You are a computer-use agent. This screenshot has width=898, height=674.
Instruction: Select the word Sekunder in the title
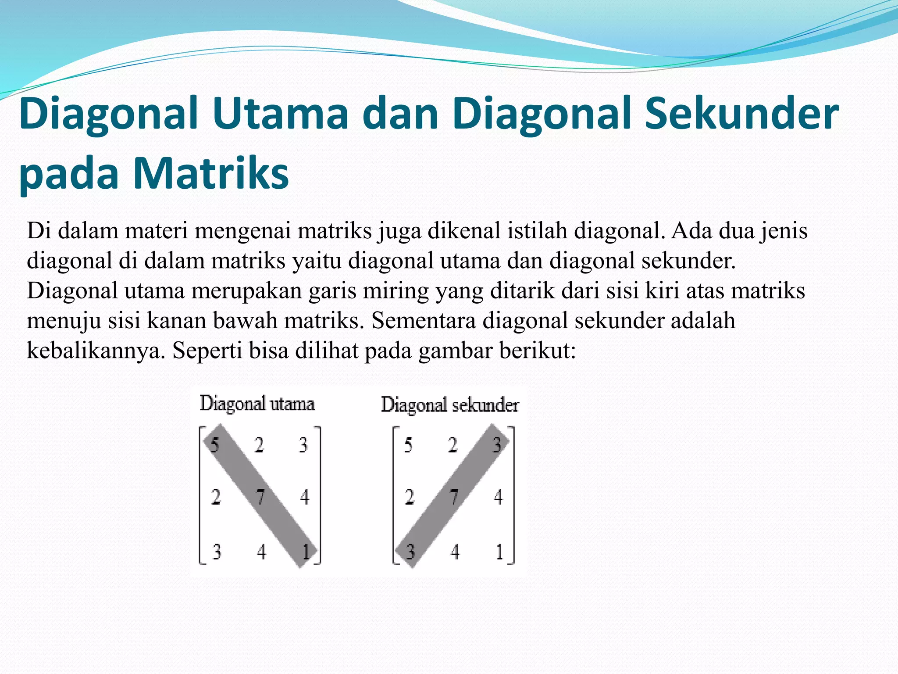741,114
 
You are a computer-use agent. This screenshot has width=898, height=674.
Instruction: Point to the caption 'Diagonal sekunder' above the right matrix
450,405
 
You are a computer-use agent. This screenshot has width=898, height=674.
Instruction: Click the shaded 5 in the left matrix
215,445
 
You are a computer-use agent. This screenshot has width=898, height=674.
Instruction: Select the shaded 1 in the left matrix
306,551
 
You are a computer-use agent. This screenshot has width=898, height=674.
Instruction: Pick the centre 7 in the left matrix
260,497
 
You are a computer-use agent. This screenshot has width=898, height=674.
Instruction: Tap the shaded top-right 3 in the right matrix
497,445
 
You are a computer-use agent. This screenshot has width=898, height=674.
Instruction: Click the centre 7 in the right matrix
454,497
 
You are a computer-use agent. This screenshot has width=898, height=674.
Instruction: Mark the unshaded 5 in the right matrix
408,445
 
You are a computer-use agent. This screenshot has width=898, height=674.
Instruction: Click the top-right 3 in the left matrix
303,445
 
